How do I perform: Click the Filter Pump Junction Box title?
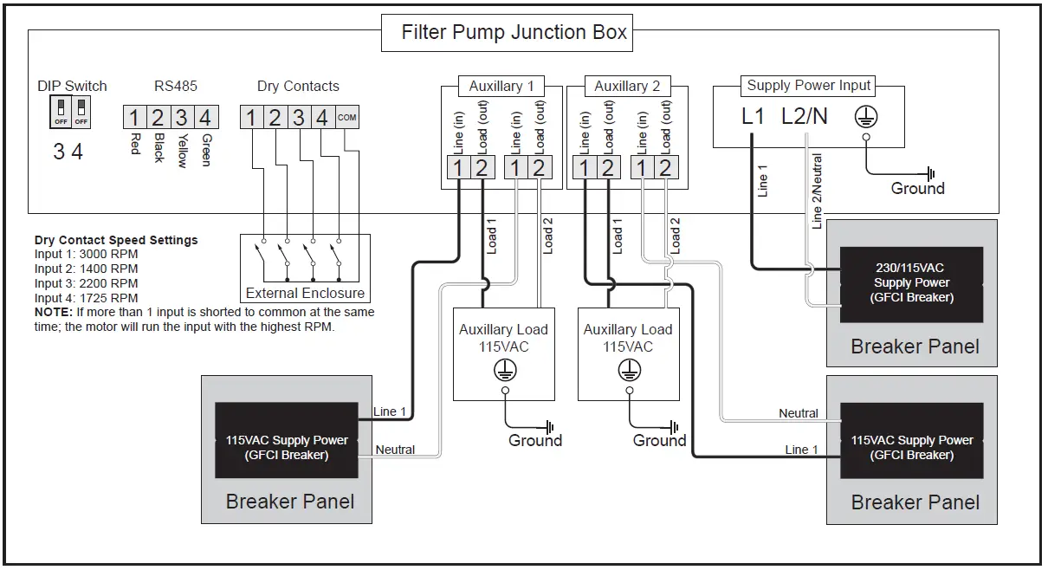pyautogui.click(x=514, y=33)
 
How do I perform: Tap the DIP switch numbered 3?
pyautogui.click(x=61, y=111)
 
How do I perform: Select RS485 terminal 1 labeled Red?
pyautogui.click(x=134, y=117)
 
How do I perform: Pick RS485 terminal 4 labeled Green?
pyautogui.click(x=205, y=117)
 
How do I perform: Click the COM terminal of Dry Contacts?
pyautogui.click(x=346, y=117)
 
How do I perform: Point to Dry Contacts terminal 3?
pyautogui.click(x=298, y=117)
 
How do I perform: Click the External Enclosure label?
pyautogui.click(x=305, y=293)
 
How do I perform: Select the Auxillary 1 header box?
pyautogui.click(x=501, y=86)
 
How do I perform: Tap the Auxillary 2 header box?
pyautogui.click(x=627, y=86)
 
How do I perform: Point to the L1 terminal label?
pyautogui.click(x=754, y=116)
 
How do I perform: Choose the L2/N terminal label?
pyautogui.click(x=805, y=116)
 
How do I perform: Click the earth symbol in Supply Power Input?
pyautogui.click(x=865, y=117)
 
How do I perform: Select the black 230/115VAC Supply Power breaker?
pyautogui.click(x=911, y=283)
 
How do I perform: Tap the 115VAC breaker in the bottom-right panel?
pyautogui.click(x=911, y=447)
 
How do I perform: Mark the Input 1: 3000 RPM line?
pyautogui.click(x=86, y=255)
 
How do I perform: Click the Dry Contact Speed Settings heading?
pyautogui.click(x=116, y=240)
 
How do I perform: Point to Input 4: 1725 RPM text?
pyautogui.click(x=86, y=298)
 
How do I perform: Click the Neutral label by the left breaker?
pyautogui.click(x=395, y=450)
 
